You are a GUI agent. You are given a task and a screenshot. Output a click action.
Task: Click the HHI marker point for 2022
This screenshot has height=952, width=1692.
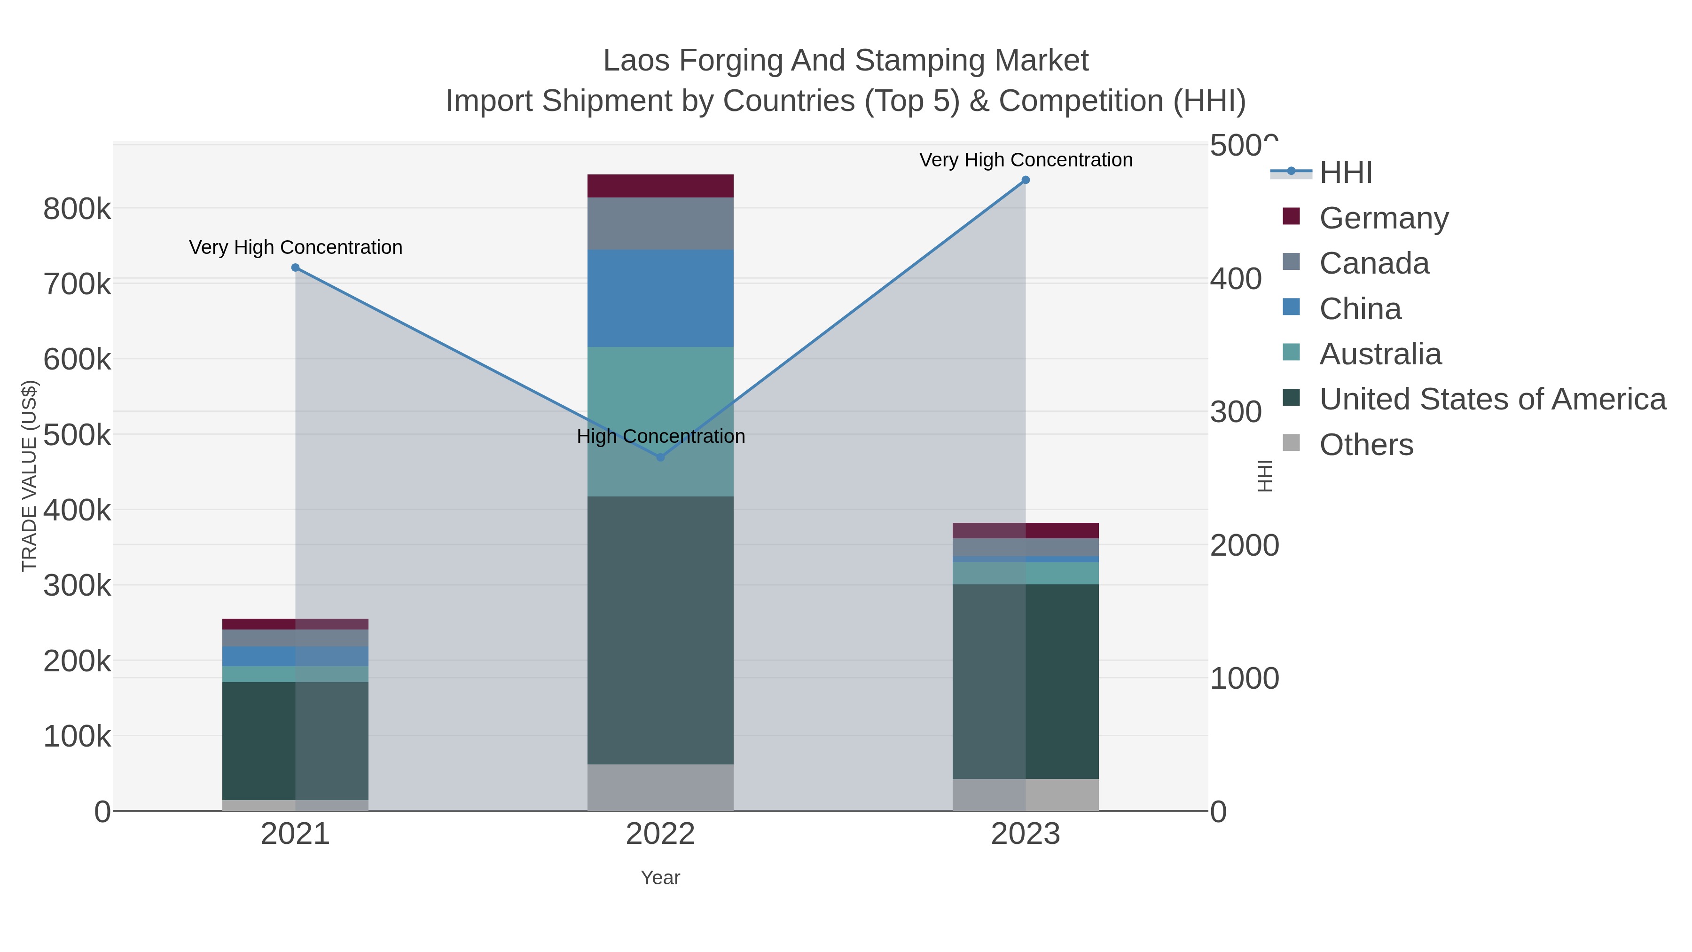(660, 457)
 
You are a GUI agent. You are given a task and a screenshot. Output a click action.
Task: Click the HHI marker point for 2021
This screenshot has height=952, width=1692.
(295, 268)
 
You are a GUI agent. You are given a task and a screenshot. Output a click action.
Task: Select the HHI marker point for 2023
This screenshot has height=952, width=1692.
(1026, 180)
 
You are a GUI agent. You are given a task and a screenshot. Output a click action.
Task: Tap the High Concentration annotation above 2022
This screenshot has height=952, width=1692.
(660, 436)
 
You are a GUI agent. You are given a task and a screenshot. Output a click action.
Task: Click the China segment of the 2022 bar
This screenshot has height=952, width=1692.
(660, 298)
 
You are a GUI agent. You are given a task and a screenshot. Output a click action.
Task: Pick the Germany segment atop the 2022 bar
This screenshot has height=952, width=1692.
(660, 186)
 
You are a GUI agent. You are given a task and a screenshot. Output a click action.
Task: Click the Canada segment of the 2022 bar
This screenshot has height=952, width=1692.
(660, 223)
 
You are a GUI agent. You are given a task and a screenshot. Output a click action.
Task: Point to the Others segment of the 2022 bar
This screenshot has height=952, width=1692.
(660, 787)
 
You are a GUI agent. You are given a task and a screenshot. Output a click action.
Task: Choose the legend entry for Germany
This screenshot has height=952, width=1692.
(1383, 218)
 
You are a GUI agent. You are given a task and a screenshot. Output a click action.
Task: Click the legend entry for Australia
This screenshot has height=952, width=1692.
(1379, 354)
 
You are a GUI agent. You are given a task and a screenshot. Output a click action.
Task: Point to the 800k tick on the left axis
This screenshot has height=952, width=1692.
(77, 210)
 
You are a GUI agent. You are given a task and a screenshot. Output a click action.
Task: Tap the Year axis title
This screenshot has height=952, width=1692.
(660, 878)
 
